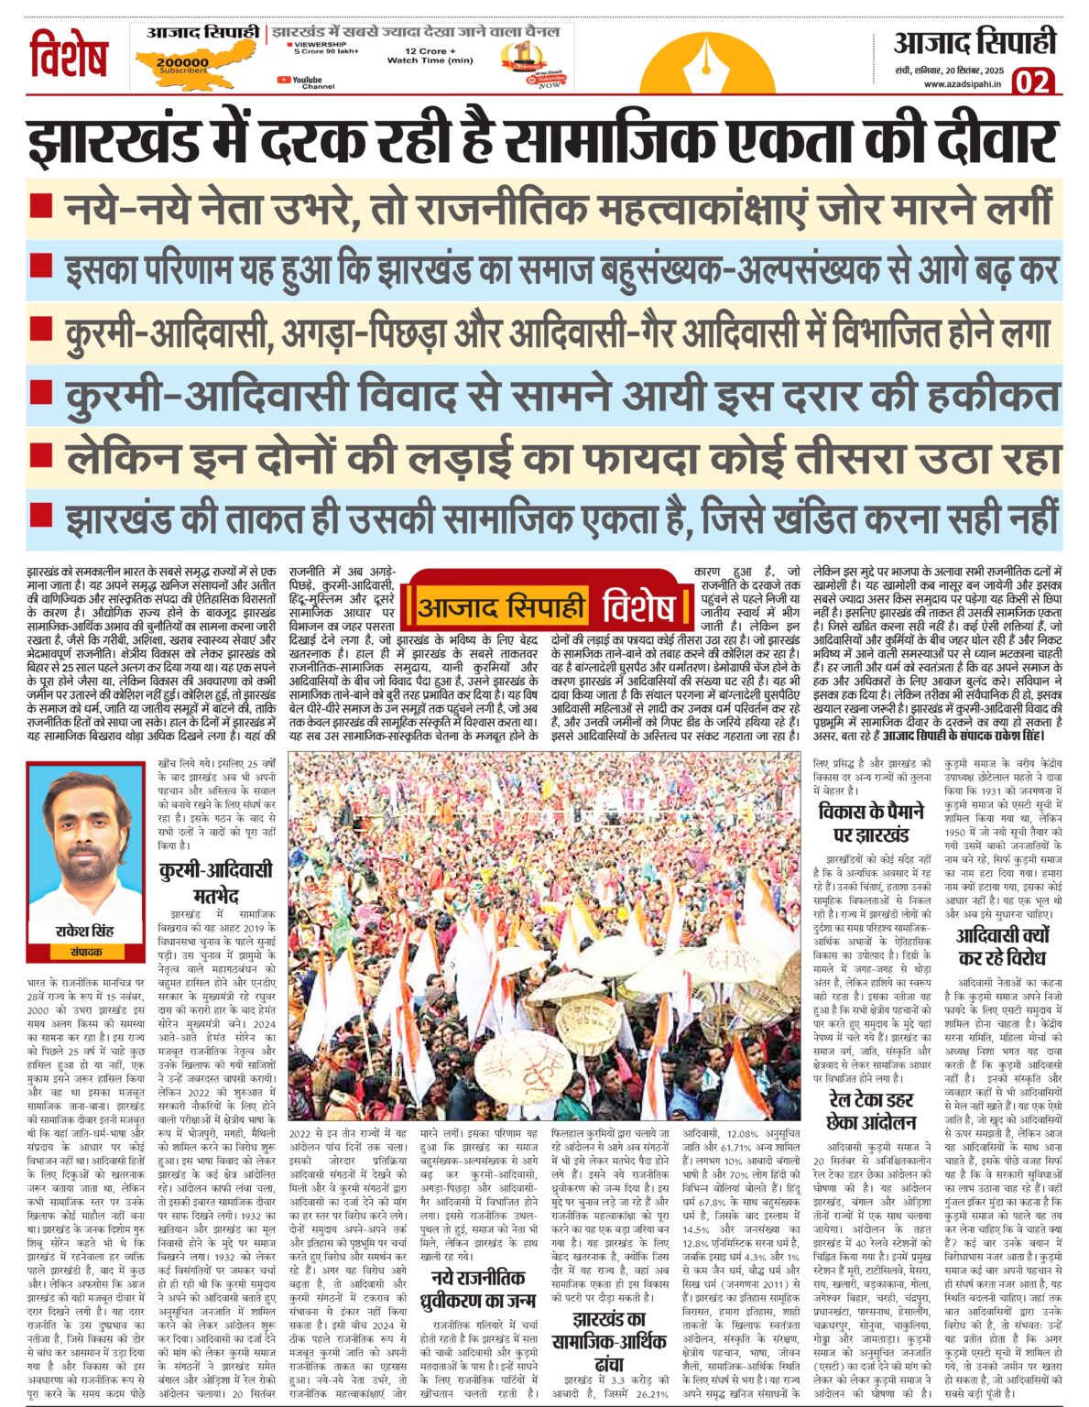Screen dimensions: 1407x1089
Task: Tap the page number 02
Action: pyautogui.click(x=1033, y=82)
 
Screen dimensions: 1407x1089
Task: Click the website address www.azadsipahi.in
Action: pyautogui.click(x=962, y=84)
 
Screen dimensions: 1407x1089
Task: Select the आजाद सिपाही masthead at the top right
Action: pyautogui.click(x=975, y=43)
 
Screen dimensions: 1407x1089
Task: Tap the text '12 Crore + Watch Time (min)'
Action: pyautogui.click(x=430, y=56)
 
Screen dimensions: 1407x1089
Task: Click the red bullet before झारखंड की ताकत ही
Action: pyautogui.click(x=40, y=515)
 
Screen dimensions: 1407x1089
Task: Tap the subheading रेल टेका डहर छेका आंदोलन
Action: pyautogui.click(x=871, y=1110)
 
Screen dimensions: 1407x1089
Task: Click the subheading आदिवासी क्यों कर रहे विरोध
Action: pyautogui.click(x=1001, y=946)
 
